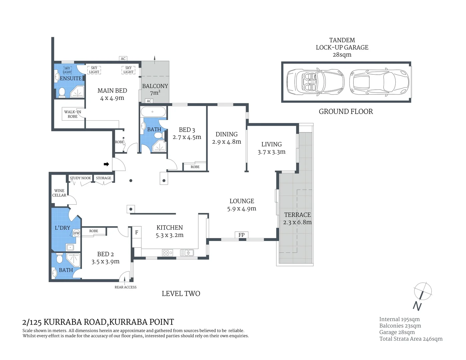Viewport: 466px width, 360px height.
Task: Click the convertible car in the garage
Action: (315, 82)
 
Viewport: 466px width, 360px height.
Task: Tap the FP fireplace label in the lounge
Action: (241, 235)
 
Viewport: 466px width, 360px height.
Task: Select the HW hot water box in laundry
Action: (76, 233)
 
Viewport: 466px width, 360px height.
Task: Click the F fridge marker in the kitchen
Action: (137, 233)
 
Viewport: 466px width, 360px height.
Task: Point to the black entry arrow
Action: (106, 164)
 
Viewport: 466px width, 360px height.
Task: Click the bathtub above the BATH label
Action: (153, 112)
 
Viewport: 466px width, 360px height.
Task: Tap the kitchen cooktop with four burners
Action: (167, 253)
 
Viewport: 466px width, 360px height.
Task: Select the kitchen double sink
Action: (187, 253)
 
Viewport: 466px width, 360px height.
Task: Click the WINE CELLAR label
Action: (59, 193)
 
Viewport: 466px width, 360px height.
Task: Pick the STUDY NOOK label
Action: (80, 178)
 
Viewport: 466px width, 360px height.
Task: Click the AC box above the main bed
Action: (123, 59)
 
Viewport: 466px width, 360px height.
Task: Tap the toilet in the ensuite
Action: (62, 92)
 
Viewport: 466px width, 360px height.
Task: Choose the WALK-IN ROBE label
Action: (73, 114)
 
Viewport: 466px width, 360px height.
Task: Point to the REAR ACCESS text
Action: (126, 287)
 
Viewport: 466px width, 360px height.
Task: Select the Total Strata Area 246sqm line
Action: (411, 339)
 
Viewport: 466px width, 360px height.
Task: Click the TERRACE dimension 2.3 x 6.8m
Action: (297, 222)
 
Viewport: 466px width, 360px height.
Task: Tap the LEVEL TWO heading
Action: (181, 294)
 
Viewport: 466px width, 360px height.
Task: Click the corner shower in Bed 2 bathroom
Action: (74, 260)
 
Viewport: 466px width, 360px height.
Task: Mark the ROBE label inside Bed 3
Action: (195, 167)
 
